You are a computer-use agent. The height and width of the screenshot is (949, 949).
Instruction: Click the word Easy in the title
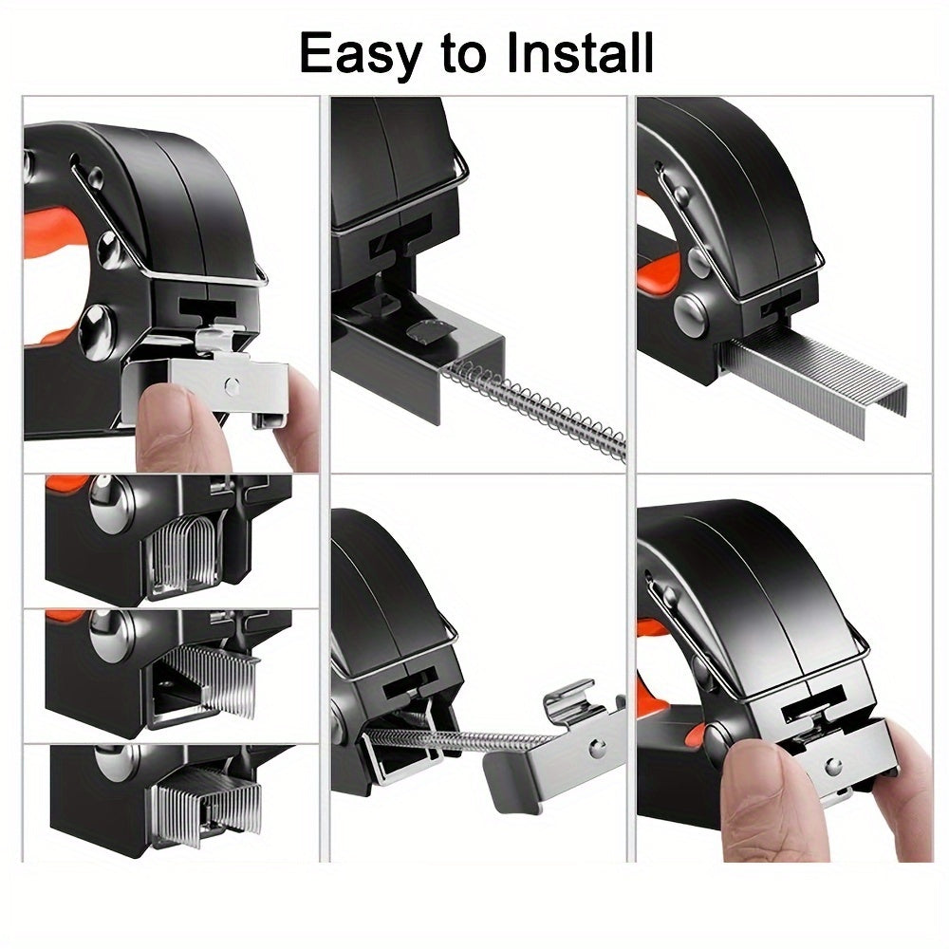click(360, 54)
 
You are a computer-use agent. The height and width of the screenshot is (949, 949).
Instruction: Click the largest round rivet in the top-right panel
click(692, 312)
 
